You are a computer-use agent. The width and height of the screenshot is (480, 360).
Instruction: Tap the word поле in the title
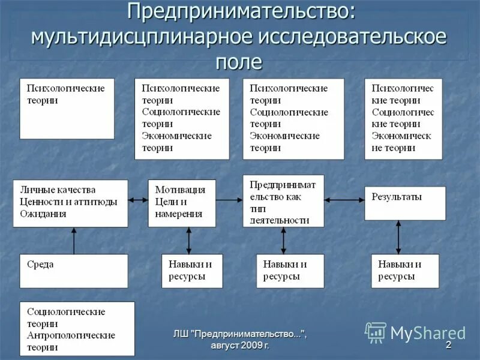(x=239, y=61)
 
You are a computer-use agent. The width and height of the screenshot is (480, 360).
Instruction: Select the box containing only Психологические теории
(x=67, y=108)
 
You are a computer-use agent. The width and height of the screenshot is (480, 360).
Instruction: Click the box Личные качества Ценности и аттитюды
(x=71, y=203)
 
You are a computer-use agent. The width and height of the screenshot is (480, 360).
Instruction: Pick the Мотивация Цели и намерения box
(x=182, y=203)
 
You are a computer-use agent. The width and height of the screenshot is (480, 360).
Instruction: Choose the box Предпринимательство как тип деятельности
(x=283, y=200)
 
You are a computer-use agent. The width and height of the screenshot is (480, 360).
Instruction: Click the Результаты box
(x=405, y=203)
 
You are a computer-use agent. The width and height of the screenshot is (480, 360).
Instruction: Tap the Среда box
(x=73, y=271)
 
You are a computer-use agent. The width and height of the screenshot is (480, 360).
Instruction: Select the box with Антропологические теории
(x=77, y=329)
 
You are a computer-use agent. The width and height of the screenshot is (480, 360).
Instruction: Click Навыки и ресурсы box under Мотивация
(x=192, y=271)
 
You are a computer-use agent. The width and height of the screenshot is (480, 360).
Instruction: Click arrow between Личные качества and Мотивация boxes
(x=138, y=200)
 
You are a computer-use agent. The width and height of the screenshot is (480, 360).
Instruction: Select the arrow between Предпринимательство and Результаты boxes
(x=344, y=200)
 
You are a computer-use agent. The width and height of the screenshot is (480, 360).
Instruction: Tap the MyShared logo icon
(x=376, y=332)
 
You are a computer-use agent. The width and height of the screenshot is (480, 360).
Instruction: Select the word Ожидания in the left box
(x=43, y=214)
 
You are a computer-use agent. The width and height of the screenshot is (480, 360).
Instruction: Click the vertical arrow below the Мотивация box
(x=188, y=241)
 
